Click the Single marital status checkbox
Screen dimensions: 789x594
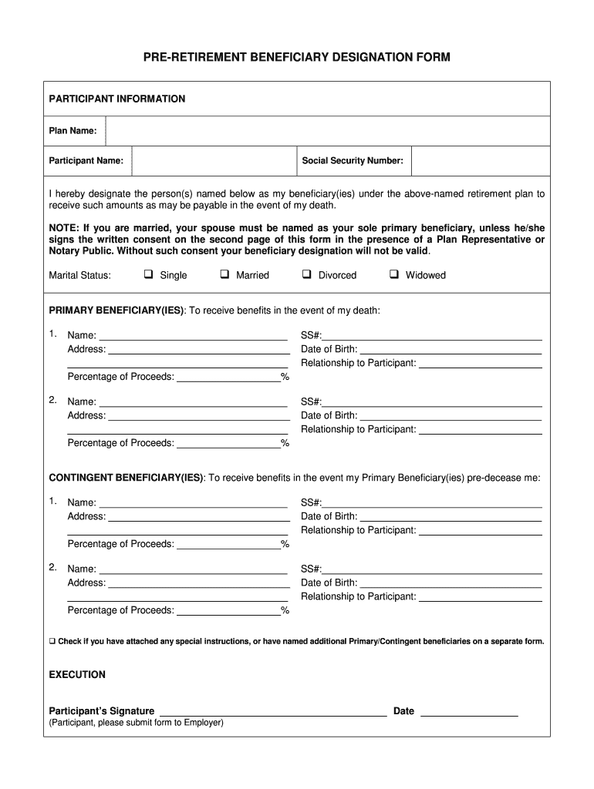(148, 274)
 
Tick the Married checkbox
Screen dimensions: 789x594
(224, 274)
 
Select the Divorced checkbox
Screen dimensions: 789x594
(306, 274)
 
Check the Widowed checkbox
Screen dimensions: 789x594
(393, 274)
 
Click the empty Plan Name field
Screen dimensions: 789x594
(327, 131)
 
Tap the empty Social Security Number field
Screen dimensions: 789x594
(480, 161)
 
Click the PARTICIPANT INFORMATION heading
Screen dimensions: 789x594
(117, 99)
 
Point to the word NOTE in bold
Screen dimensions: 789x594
(63, 229)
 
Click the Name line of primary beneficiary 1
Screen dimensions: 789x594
(193, 335)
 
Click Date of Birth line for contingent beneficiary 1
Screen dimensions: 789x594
(451, 516)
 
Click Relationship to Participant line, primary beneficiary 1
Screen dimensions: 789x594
(480, 363)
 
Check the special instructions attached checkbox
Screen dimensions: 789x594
(52, 641)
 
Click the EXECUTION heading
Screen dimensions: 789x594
(77, 675)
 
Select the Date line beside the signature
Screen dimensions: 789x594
(468, 711)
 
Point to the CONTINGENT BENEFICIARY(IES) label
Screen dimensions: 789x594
(127, 478)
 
